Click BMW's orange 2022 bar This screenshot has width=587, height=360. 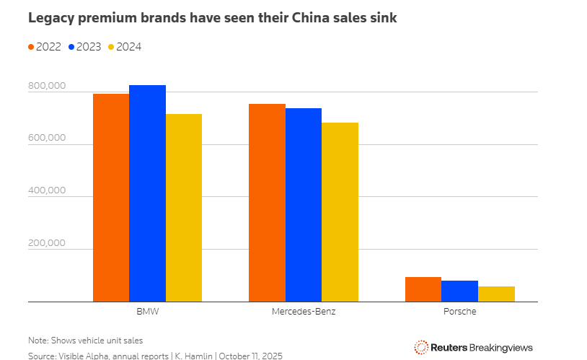[111, 198]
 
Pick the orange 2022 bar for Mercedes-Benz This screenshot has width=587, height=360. [267, 203]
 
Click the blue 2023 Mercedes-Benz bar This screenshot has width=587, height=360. [304, 205]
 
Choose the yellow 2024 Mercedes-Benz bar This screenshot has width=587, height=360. [340, 212]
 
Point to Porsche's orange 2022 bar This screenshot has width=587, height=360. [423, 289]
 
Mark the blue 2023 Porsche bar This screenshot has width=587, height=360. [460, 291]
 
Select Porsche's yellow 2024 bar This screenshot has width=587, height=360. [496, 294]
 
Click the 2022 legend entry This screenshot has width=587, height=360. [44, 47]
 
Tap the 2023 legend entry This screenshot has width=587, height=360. [84, 47]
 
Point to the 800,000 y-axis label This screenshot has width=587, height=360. [47, 87]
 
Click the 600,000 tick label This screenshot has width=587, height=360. [47, 139]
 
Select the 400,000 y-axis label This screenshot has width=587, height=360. [47, 191]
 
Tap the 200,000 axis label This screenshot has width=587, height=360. [47, 243]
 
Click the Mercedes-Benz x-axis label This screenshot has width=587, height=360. [303, 312]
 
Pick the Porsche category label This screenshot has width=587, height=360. [459, 312]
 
